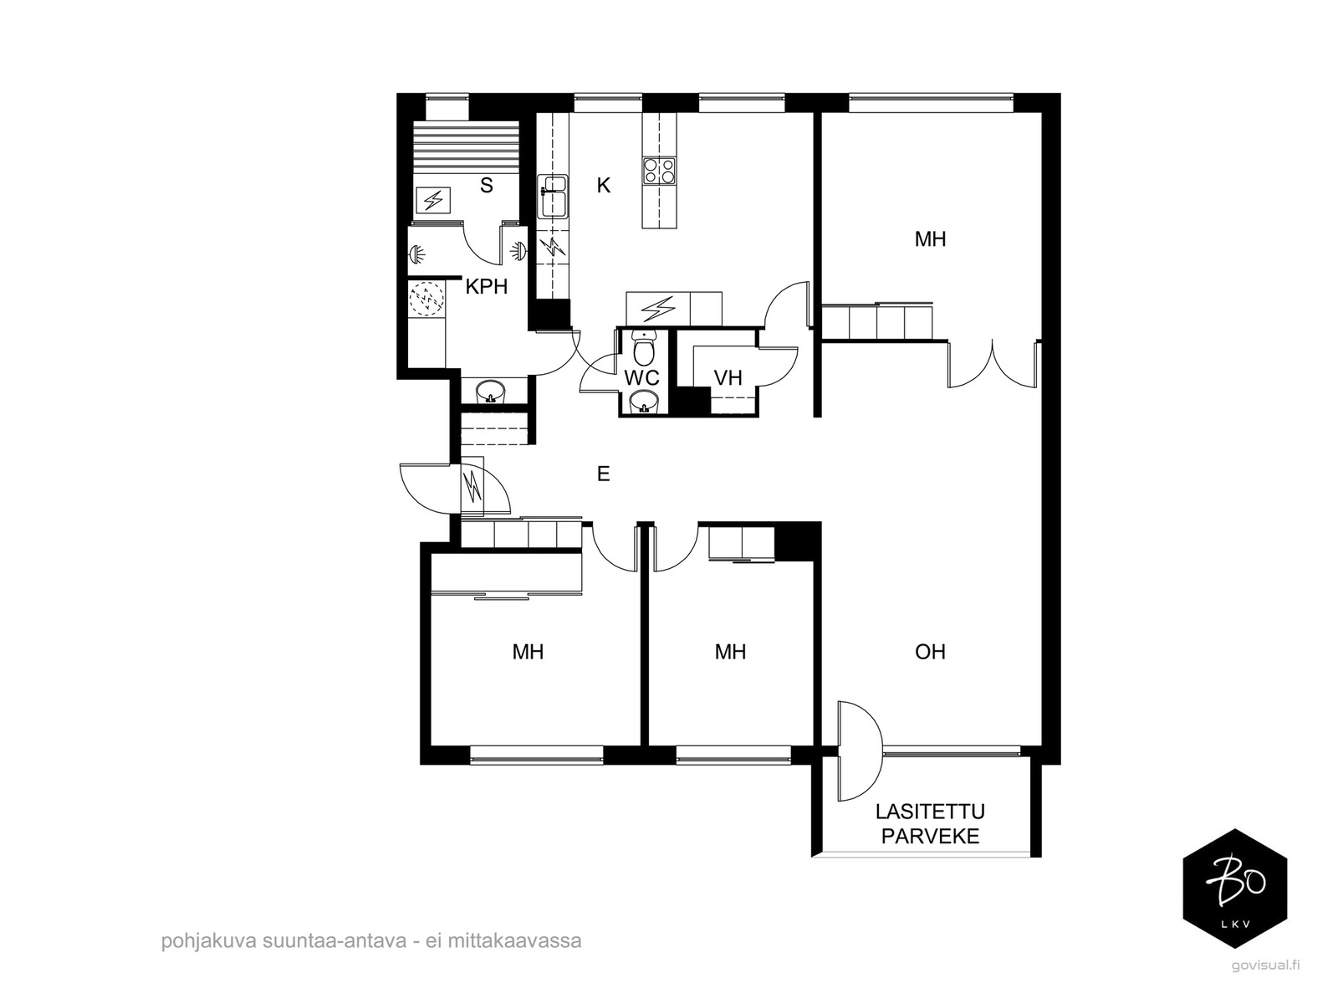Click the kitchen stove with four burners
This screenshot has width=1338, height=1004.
[659, 170]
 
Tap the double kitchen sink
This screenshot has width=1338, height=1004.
[553, 196]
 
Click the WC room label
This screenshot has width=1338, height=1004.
[641, 378]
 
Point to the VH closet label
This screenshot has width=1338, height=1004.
[728, 378]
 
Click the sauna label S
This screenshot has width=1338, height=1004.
[486, 185]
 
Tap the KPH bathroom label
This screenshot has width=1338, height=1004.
[487, 286]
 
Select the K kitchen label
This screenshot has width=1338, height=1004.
[604, 185]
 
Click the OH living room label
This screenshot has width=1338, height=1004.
[930, 653]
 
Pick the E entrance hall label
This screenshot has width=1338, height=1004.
[604, 474]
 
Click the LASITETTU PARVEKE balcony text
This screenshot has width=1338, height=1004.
[930, 824]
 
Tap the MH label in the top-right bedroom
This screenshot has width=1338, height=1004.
[930, 239]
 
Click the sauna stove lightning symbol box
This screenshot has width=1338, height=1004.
[433, 199]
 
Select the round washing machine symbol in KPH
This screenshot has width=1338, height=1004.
[426, 298]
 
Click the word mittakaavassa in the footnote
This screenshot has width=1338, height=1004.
[514, 940]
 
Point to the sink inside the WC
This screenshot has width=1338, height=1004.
[643, 402]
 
